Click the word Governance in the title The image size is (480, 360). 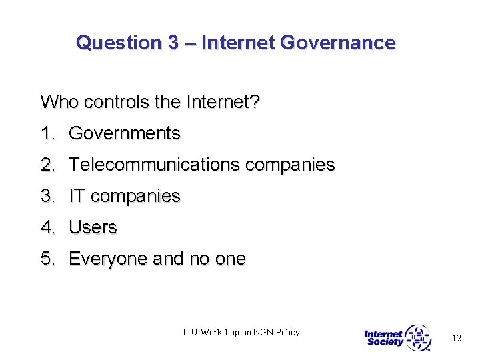click(338, 43)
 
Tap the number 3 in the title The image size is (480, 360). click(173, 43)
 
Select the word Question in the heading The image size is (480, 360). click(118, 43)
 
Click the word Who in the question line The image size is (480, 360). click(55, 102)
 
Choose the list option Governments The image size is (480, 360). click(125, 133)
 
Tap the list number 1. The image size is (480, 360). click(47, 133)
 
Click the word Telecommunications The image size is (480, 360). click(155, 165)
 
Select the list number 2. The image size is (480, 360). click(47, 165)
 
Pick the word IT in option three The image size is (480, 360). click(77, 196)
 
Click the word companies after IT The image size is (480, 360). click(135, 197)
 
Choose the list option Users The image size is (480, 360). click(93, 227)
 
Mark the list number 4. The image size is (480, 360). click(47, 227)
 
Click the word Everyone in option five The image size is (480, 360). click(108, 259)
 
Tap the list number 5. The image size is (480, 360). click(47, 259)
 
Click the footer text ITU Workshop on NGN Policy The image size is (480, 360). click(241, 332)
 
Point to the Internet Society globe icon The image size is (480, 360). click(418, 338)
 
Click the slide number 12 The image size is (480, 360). click(456, 339)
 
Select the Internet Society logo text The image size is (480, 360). click(384, 338)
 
